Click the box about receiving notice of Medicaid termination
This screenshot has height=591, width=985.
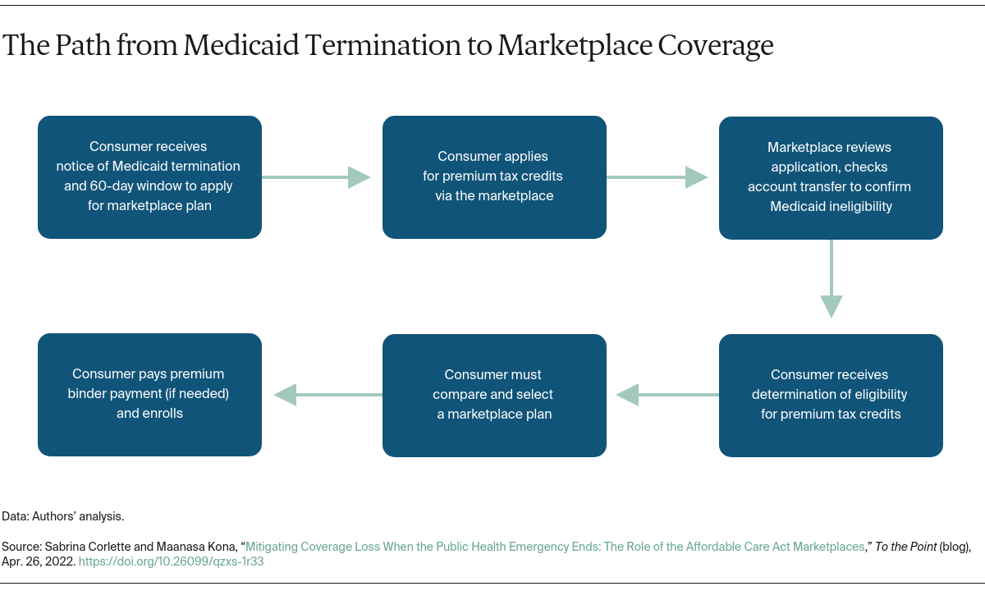click(x=149, y=177)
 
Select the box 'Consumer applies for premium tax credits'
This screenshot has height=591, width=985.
click(x=494, y=177)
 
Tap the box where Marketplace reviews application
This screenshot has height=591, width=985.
click(x=831, y=177)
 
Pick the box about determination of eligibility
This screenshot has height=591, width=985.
click(x=831, y=395)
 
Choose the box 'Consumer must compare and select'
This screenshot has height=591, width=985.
click(x=494, y=395)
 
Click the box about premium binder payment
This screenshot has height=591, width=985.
click(x=149, y=395)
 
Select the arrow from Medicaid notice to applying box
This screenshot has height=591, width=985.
click(x=316, y=177)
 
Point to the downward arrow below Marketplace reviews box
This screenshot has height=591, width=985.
click(x=831, y=279)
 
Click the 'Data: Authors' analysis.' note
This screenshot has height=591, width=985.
click(x=63, y=516)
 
